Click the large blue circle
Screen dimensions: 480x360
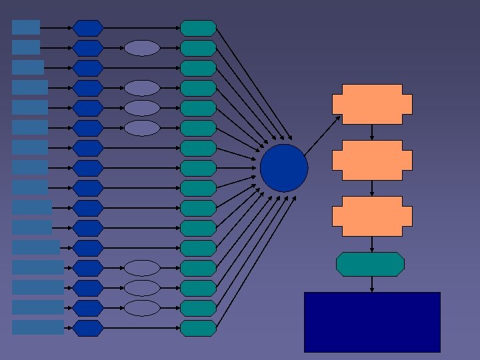pos(284,168)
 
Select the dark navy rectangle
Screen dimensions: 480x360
pos(372,321)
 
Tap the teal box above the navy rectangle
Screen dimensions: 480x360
pos(370,264)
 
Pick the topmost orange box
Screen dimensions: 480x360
pos(372,104)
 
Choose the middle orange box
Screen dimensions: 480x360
pos(372,160)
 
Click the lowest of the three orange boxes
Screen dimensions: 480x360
pos(372,216)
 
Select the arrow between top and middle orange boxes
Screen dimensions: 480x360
pos(372,132)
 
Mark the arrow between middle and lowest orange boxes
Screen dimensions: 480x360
pos(372,188)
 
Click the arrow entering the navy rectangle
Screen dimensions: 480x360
pos(372,284)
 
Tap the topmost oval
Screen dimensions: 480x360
pos(142,48)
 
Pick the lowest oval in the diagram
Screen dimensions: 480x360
pos(142,308)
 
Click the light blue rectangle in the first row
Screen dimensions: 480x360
pos(26,27)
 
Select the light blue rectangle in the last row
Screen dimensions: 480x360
pos(38,327)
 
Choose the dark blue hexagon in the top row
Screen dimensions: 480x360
pos(88,28)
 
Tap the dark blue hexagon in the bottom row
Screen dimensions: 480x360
pos(88,328)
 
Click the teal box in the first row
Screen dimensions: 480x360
pos(199,28)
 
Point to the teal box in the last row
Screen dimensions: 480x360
pos(199,328)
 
